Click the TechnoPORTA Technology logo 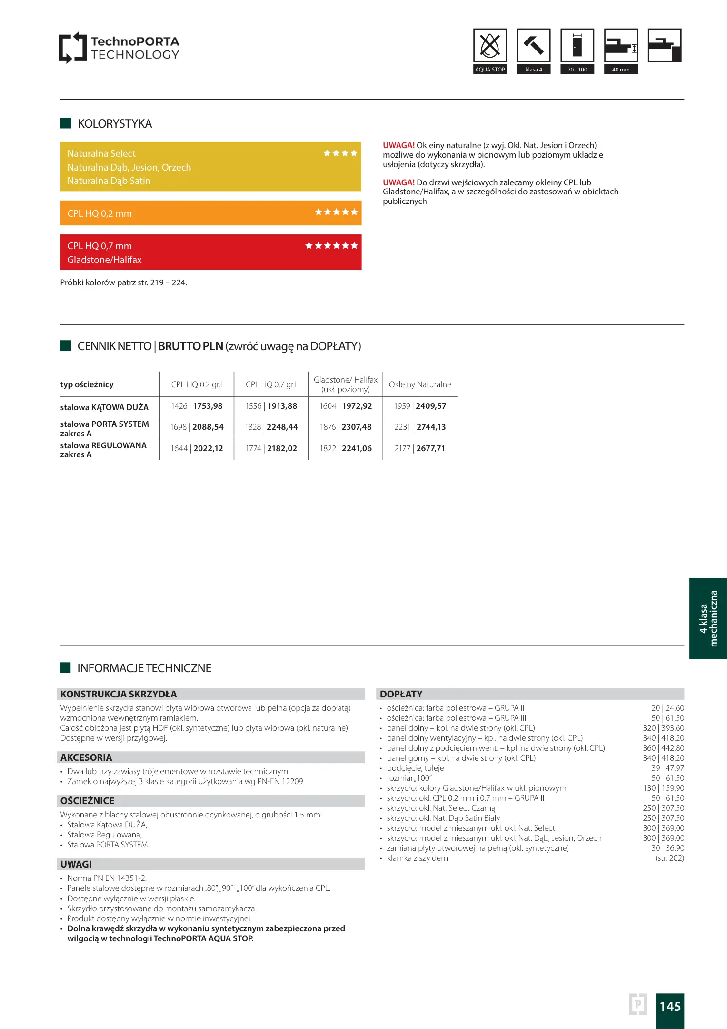pos(119,48)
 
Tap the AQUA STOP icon pos(490,46)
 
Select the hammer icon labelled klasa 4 pos(533,46)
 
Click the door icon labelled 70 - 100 pos(577,46)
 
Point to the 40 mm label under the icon pos(621,70)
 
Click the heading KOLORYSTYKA pos(115,124)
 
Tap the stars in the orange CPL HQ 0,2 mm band pos(336,212)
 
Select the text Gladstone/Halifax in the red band pos(104,260)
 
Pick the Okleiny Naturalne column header pos(419,384)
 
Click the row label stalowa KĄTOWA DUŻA pos(104,407)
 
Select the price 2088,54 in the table pos(208,427)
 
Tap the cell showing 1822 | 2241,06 pos(346,448)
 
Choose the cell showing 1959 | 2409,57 pos(420,406)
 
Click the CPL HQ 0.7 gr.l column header pos(271,384)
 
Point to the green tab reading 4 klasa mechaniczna pos(708,618)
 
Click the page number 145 pos(670,1006)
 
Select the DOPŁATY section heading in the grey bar pos(401,694)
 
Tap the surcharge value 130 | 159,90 pos(663,788)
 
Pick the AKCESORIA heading pos(86,757)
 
